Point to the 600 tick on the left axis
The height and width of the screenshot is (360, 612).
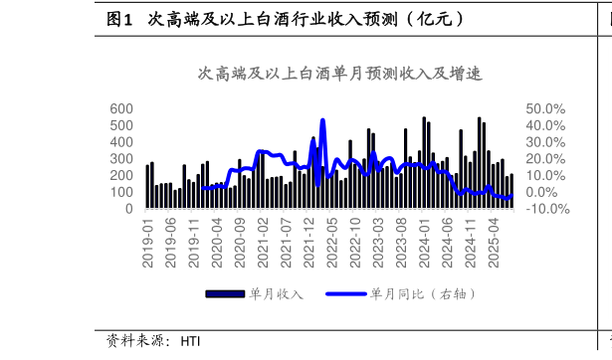[121, 108]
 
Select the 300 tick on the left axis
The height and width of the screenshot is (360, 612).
[121, 159]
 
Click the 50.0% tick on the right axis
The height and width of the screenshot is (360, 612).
[546, 108]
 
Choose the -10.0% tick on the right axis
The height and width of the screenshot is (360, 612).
[546, 210]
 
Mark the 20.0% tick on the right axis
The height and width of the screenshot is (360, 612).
[546, 159]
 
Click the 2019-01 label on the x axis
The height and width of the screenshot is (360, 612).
[148, 243]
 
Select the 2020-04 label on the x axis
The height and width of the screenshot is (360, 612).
[218, 243]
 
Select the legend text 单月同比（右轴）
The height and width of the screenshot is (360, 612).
[424, 294]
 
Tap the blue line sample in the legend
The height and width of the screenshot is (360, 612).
[346, 294]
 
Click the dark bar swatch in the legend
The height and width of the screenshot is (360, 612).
[225, 294]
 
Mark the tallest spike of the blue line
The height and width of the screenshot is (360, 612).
[322, 120]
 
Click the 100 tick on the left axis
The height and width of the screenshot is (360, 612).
[121, 193]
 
